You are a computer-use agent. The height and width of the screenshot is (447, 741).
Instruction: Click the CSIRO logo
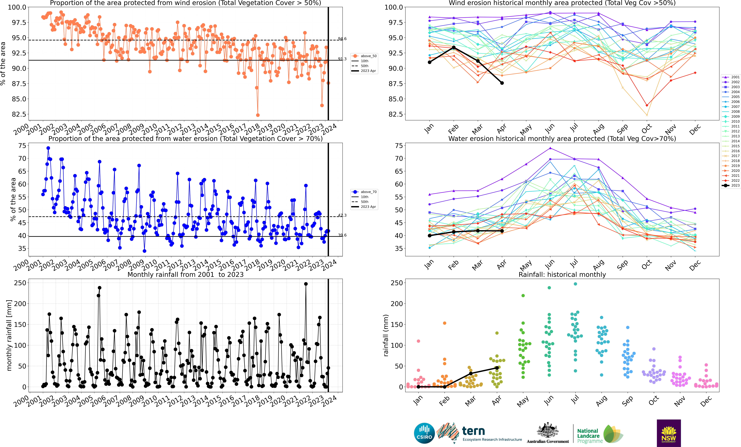click(x=424, y=433)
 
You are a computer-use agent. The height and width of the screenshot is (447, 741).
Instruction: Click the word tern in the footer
click(x=473, y=431)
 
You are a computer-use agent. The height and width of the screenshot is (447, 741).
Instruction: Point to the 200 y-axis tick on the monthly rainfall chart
click(x=20, y=304)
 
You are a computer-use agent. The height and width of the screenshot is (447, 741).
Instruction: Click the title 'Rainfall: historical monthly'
click(x=562, y=274)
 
